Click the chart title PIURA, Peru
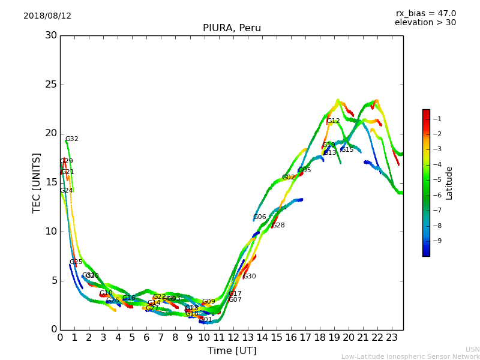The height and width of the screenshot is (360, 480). pos(232,28)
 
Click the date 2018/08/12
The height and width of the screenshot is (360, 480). pos(47,16)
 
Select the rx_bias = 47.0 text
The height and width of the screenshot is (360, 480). pos(425,14)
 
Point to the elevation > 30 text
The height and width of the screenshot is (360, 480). pos(425,23)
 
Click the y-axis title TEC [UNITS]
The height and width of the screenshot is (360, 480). pos(37,182)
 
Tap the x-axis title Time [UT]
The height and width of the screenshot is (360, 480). pos(232,351)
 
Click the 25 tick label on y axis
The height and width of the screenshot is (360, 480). pos(51,85)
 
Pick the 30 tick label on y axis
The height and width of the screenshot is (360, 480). pos(51,35)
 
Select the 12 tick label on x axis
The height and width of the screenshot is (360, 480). pos(233,337)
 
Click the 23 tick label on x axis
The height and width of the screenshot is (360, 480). pos(392,337)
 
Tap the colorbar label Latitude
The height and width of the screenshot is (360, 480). pos(449,182)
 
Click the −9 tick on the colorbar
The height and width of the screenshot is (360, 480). pos(439,241)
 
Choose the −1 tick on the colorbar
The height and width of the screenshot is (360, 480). pos(439,119)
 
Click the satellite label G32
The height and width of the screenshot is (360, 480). pos(71,139)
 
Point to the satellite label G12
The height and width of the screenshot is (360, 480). pos(333,121)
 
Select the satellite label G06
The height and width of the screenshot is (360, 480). pos(259,217)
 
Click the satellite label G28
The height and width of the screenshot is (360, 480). pos(278,226)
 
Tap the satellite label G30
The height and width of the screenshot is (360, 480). pos(249,277)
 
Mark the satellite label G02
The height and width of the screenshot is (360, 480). pos(288,178)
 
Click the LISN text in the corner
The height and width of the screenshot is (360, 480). pos(472,349)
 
